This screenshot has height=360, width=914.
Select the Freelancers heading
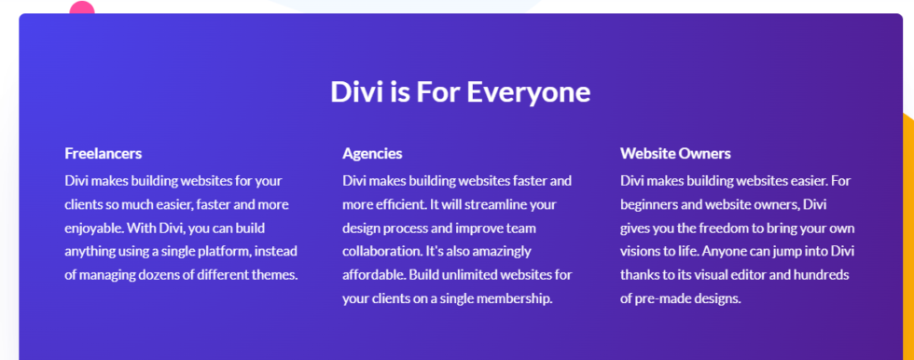103,153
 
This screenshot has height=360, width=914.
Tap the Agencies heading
372,153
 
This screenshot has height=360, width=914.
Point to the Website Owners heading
675,153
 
